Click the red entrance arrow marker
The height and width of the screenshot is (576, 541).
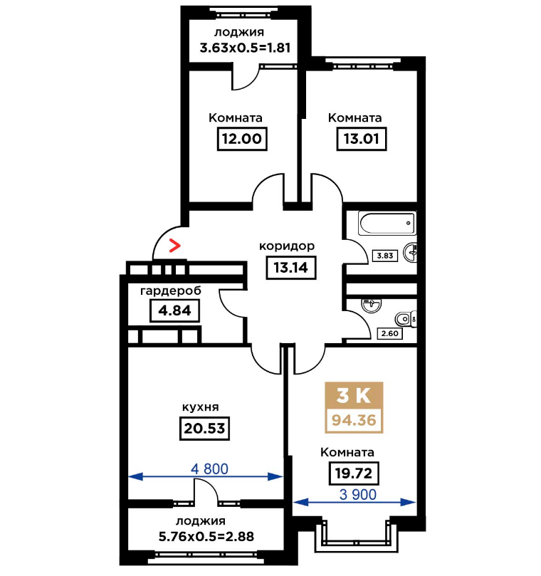click(175, 246)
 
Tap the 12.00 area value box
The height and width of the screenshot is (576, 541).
click(242, 139)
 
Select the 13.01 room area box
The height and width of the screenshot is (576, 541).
click(362, 139)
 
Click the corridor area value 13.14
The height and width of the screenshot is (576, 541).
click(291, 268)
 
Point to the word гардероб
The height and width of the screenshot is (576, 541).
click(171, 291)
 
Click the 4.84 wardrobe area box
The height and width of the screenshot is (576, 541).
click(175, 310)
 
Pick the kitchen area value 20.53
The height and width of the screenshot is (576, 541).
click(204, 429)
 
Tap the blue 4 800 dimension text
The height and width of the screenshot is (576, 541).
click(210, 468)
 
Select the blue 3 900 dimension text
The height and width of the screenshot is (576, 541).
click(358, 494)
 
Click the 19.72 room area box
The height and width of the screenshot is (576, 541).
click(354, 473)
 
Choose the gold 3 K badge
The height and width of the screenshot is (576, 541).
click(354, 395)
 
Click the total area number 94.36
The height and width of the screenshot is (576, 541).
click(354, 420)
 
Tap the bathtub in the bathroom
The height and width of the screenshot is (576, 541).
click(387, 224)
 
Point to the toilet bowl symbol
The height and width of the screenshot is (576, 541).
click(406, 319)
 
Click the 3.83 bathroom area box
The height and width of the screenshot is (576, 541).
click(385, 256)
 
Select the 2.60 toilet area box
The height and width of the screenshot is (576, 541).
click(389, 333)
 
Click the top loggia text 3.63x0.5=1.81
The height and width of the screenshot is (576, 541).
click(245, 48)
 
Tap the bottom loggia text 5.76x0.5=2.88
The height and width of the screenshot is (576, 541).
click(206, 537)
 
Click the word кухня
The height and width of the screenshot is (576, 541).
click(201, 407)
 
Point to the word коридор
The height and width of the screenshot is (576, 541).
click(287, 246)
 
